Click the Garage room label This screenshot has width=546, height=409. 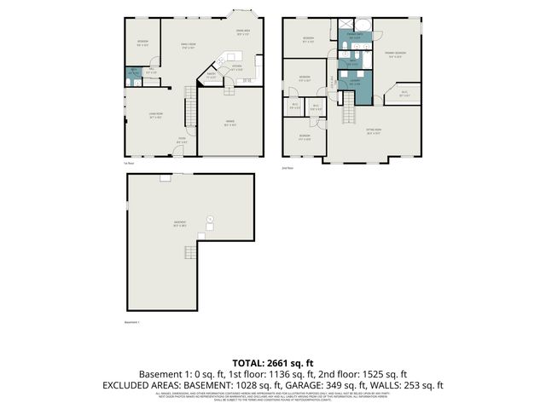[231, 124]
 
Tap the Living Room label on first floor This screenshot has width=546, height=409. [155, 118]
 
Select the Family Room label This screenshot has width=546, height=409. [188, 45]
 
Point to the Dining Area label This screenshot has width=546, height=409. [242, 32]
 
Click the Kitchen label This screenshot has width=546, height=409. [237, 69]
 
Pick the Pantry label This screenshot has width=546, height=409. [209, 76]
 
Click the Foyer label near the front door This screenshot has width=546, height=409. [182, 141]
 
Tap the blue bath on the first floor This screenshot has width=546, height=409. [133, 73]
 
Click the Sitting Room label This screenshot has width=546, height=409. [373, 132]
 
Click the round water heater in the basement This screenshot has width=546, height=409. [210, 219]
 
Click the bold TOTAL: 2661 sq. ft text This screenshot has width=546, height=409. [273, 362]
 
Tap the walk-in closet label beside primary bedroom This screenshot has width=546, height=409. [404, 95]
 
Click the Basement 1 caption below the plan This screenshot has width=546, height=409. [131, 323]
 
